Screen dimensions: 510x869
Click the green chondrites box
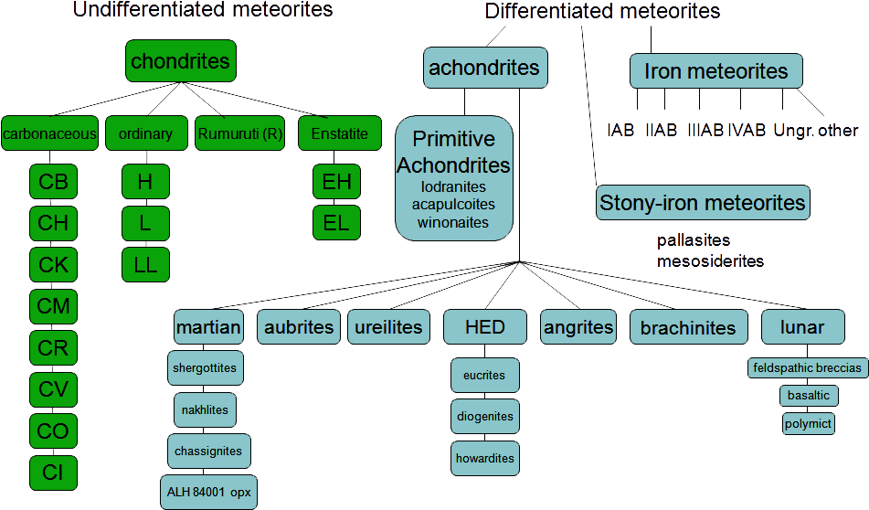[x=180, y=62]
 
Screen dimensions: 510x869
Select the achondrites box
[x=484, y=68]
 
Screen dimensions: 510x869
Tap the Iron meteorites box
[x=715, y=71]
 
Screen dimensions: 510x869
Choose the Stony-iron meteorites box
[x=702, y=202]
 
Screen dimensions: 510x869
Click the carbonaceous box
[x=49, y=134]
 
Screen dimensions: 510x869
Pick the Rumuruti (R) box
[x=240, y=134]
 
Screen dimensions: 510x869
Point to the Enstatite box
[x=339, y=134]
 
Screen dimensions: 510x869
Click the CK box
[x=53, y=264]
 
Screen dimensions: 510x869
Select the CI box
[x=53, y=472]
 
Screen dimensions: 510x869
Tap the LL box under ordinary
[x=145, y=264]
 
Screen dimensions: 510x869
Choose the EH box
[x=336, y=182]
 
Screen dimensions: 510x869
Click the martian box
[x=208, y=327]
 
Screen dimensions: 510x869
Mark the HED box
[x=484, y=327]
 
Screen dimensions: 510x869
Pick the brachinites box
[x=687, y=327]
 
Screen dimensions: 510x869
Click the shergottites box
[x=204, y=368]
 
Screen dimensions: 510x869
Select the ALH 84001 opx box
[x=208, y=492]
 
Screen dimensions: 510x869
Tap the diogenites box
[x=484, y=417]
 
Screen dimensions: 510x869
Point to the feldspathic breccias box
[x=806, y=368]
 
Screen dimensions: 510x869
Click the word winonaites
[x=453, y=222]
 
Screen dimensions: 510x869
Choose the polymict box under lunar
[x=808, y=423]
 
